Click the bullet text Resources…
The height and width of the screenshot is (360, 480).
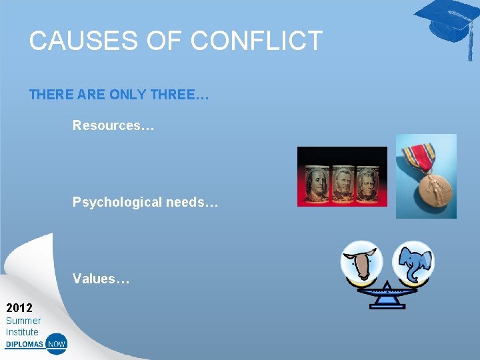pyautogui.click(x=113, y=125)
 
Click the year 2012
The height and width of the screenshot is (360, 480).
pyautogui.click(x=19, y=308)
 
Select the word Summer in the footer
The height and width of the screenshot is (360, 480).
pyautogui.click(x=23, y=321)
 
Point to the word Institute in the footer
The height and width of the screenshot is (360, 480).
pyautogui.click(x=22, y=332)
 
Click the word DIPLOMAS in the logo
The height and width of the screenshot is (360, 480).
pyautogui.click(x=25, y=345)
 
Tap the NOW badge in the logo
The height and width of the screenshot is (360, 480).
pyautogui.click(x=57, y=345)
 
